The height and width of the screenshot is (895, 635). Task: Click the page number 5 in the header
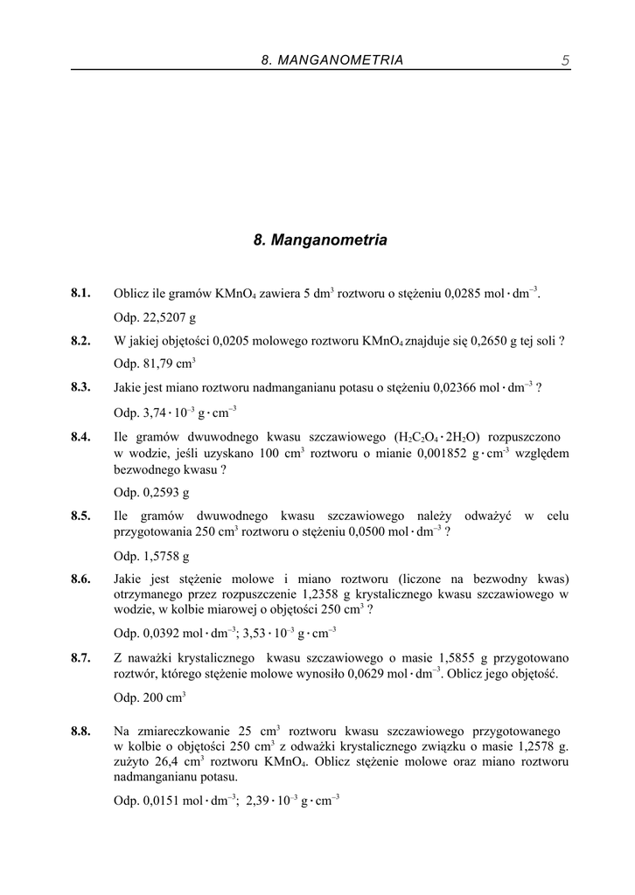click(565, 60)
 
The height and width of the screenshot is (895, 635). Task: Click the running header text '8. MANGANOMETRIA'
click(332, 60)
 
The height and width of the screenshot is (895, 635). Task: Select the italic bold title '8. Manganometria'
click(319, 239)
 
